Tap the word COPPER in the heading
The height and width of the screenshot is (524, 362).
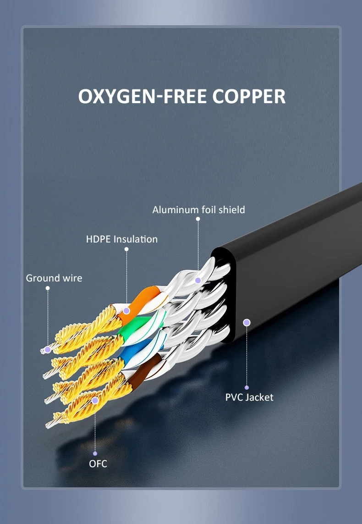click(249, 96)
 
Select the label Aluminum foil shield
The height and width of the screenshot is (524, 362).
click(199, 210)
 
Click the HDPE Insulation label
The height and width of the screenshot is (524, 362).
click(122, 239)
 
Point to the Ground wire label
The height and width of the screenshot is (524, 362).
click(54, 278)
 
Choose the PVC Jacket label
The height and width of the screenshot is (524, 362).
click(249, 397)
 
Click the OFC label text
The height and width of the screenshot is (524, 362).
click(98, 463)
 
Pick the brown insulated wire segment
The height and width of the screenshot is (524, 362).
click(143, 371)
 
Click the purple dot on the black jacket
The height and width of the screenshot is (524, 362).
click(247, 322)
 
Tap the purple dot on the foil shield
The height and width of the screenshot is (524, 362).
click(198, 281)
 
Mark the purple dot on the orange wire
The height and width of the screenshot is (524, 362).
click(126, 311)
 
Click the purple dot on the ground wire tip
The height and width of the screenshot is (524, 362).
click(48, 349)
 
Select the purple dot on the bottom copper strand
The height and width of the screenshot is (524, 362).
click(95, 400)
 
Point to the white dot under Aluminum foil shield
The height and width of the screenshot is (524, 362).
click(198, 219)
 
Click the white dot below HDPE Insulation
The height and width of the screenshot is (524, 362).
click(126, 249)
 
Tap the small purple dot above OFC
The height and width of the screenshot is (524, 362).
click(95, 453)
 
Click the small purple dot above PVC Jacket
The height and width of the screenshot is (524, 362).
click(247, 388)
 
